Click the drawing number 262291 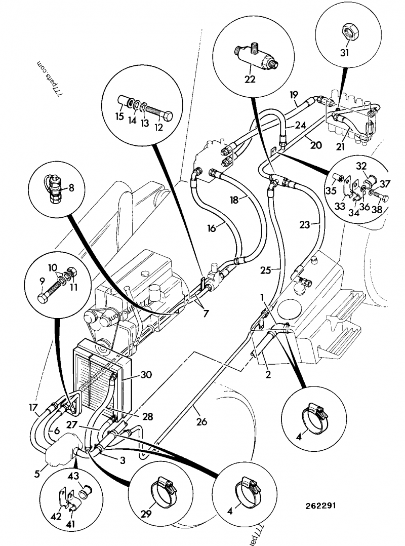point(319,505)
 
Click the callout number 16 point(212,228)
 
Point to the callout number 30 point(146,375)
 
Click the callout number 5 point(37,474)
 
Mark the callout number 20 point(316,145)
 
